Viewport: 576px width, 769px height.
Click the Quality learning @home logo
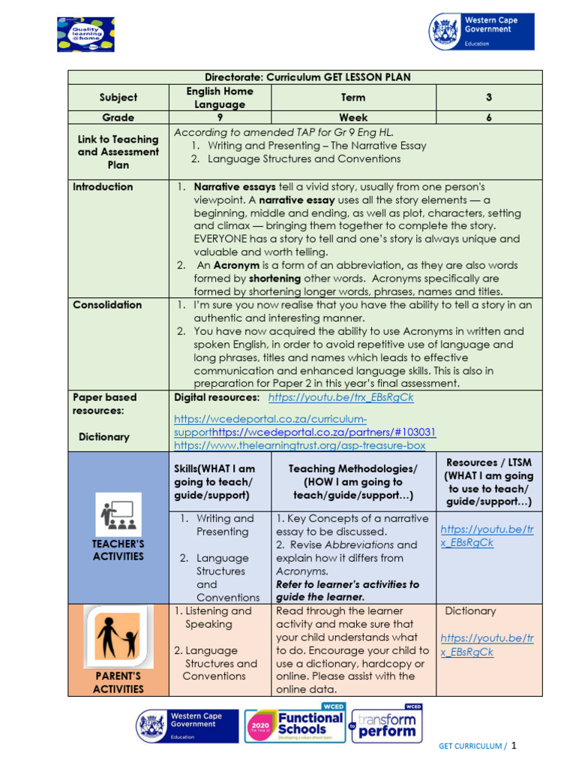coord(85,34)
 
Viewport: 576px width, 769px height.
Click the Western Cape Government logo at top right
coord(481,32)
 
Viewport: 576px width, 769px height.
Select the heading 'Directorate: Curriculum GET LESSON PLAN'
coord(307,77)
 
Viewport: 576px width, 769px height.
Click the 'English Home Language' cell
coord(220,98)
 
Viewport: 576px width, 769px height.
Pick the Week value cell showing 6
coord(488,117)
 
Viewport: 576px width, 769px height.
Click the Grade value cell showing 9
coord(220,117)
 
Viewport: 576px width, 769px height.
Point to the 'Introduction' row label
coord(103,187)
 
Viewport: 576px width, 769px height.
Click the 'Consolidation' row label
coord(107,305)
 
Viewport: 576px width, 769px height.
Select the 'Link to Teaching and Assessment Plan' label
coord(118,152)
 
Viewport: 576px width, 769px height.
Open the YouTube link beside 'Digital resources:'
coord(340,397)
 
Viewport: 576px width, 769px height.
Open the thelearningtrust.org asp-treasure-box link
coord(299,445)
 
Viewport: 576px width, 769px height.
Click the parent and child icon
coord(118,638)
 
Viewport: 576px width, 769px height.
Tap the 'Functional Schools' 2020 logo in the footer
coord(294,726)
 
